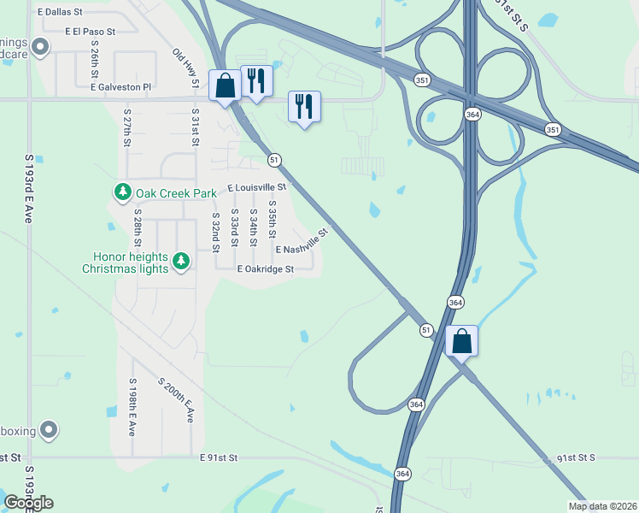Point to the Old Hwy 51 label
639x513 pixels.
coord(185,68)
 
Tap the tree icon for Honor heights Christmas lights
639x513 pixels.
coord(180,261)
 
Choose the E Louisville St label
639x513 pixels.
coord(256,187)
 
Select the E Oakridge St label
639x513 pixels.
coord(265,268)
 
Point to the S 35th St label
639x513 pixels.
coord(273,220)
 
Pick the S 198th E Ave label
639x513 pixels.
coord(132,407)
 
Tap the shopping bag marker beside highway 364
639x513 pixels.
coord(461,341)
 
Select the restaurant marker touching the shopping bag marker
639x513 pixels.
coord(256,81)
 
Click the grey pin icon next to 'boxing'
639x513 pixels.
coord(50,430)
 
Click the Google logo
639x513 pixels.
coord(29,503)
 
